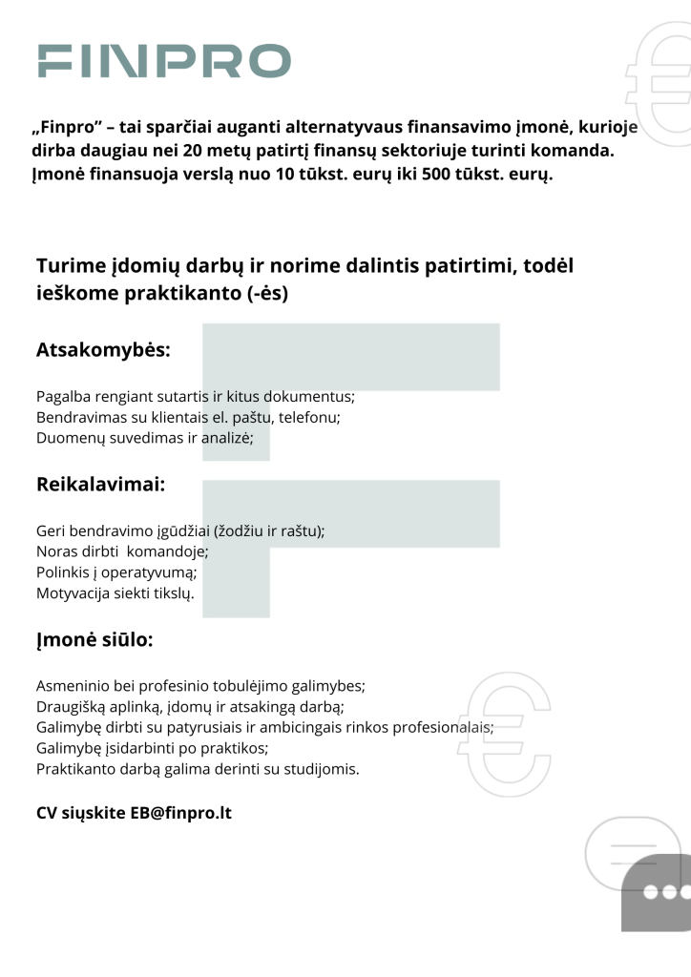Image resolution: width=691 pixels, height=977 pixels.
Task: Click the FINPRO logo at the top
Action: pos(164,60)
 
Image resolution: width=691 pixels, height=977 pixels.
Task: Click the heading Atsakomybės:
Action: pos(103,350)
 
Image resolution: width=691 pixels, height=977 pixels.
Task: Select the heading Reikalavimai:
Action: pos(101,485)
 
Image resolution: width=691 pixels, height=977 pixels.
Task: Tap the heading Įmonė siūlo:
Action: pos(94,640)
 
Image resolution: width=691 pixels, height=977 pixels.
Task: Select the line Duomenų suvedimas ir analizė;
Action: pos(145,438)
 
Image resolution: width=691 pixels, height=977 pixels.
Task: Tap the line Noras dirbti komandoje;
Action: pos(122,551)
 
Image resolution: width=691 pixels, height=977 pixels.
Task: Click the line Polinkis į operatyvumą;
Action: pos(116,572)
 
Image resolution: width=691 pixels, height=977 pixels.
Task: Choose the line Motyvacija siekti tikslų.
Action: pos(115,593)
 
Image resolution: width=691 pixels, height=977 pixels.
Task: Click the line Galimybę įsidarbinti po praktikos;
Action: pos(153,748)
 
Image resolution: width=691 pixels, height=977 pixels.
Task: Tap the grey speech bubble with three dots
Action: pos(656,892)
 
